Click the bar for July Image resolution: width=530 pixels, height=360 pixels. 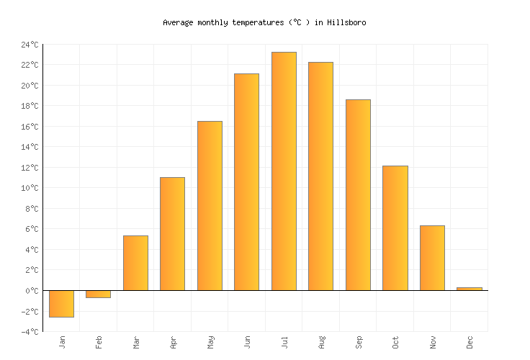click(x=284, y=171)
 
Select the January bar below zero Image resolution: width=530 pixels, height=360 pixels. click(x=61, y=303)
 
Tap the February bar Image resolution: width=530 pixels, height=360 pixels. click(x=98, y=294)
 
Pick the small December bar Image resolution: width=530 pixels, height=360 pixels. click(x=469, y=289)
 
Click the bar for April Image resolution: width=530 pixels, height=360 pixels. click(x=172, y=234)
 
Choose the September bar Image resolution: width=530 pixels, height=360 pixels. click(x=358, y=195)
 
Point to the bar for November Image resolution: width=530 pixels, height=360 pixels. click(x=432, y=258)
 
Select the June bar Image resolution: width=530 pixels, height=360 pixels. click(x=246, y=182)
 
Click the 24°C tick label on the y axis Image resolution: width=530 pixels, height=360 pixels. click(x=30, y=45)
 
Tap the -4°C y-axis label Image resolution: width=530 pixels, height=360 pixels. click(x=30, y=332)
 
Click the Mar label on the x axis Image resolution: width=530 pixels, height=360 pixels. click(x=136, y=341)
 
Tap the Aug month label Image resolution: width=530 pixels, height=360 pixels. click(x=321, y=341)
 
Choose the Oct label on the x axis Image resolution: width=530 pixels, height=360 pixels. click(x=395, y=341)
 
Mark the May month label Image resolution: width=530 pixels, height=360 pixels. click(x=210, y=341)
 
